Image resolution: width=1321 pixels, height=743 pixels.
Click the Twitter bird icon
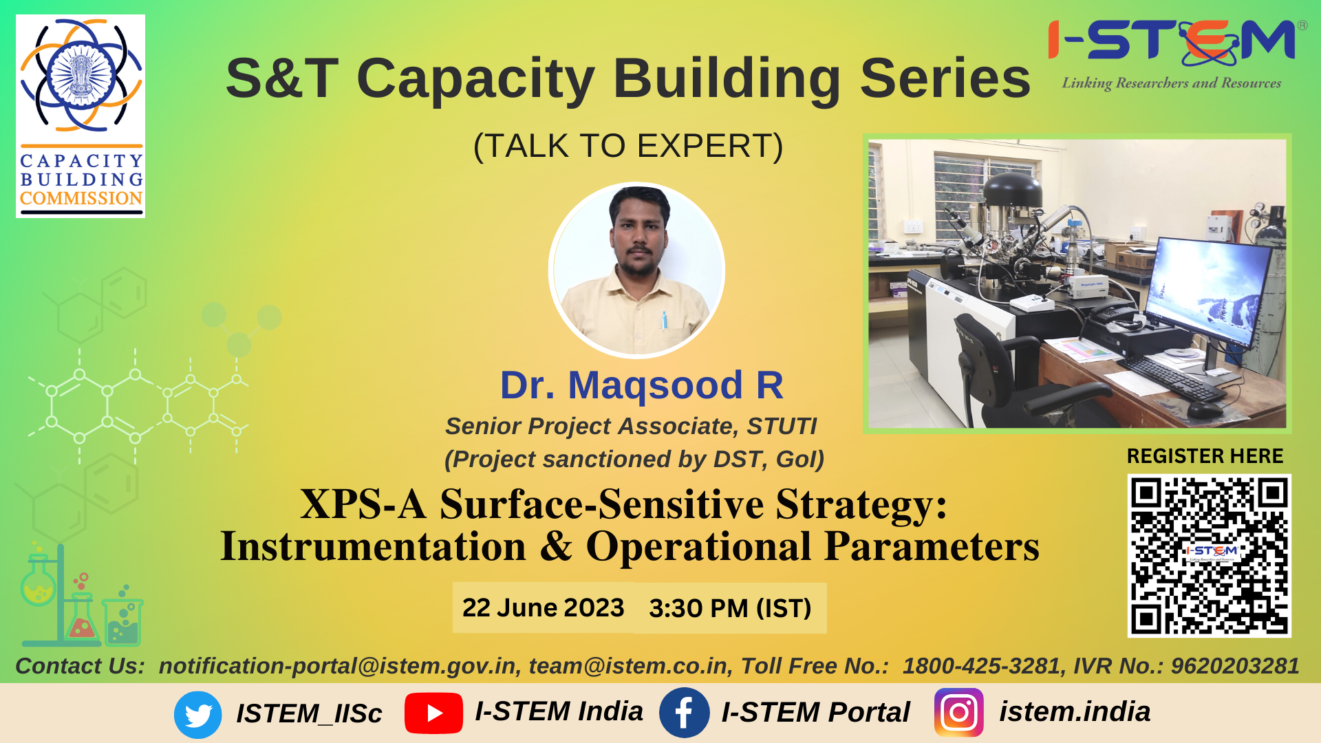[198, 714]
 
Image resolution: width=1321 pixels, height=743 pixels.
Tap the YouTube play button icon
[433, 713]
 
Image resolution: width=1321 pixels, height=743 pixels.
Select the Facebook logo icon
[684, 713]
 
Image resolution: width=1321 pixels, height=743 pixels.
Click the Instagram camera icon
[959, 713]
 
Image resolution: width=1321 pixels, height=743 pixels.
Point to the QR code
[1210, 556]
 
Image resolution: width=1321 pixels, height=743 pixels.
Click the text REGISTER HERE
[1205, 456]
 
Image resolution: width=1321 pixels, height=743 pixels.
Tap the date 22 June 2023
[543, 607]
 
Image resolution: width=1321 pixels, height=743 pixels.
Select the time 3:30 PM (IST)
[730, 608]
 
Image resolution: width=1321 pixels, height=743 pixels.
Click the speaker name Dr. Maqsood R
[641, 385]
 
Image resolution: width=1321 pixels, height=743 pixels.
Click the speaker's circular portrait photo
[637, 270]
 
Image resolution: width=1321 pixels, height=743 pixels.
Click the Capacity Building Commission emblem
[80, 116]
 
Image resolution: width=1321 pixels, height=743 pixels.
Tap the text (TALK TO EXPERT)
[628, 146]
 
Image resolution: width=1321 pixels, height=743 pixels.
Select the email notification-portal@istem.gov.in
[337, 666]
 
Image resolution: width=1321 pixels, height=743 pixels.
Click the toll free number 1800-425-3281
[981, 666]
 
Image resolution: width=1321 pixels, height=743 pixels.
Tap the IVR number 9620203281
[1235, 666]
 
